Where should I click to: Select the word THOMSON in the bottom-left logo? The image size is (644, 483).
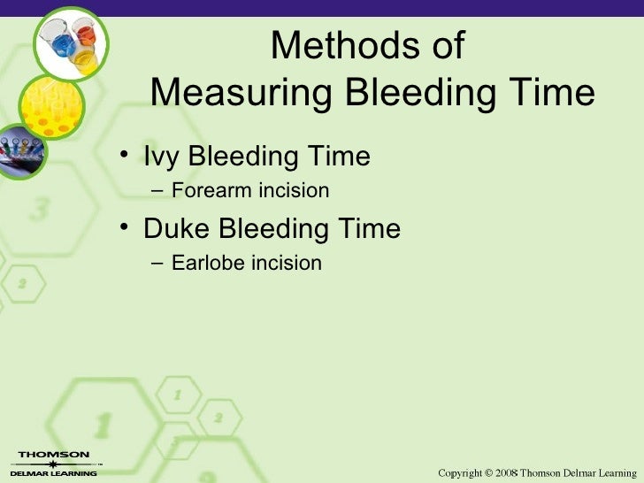[53, 455]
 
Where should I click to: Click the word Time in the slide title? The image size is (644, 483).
[553, 91]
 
